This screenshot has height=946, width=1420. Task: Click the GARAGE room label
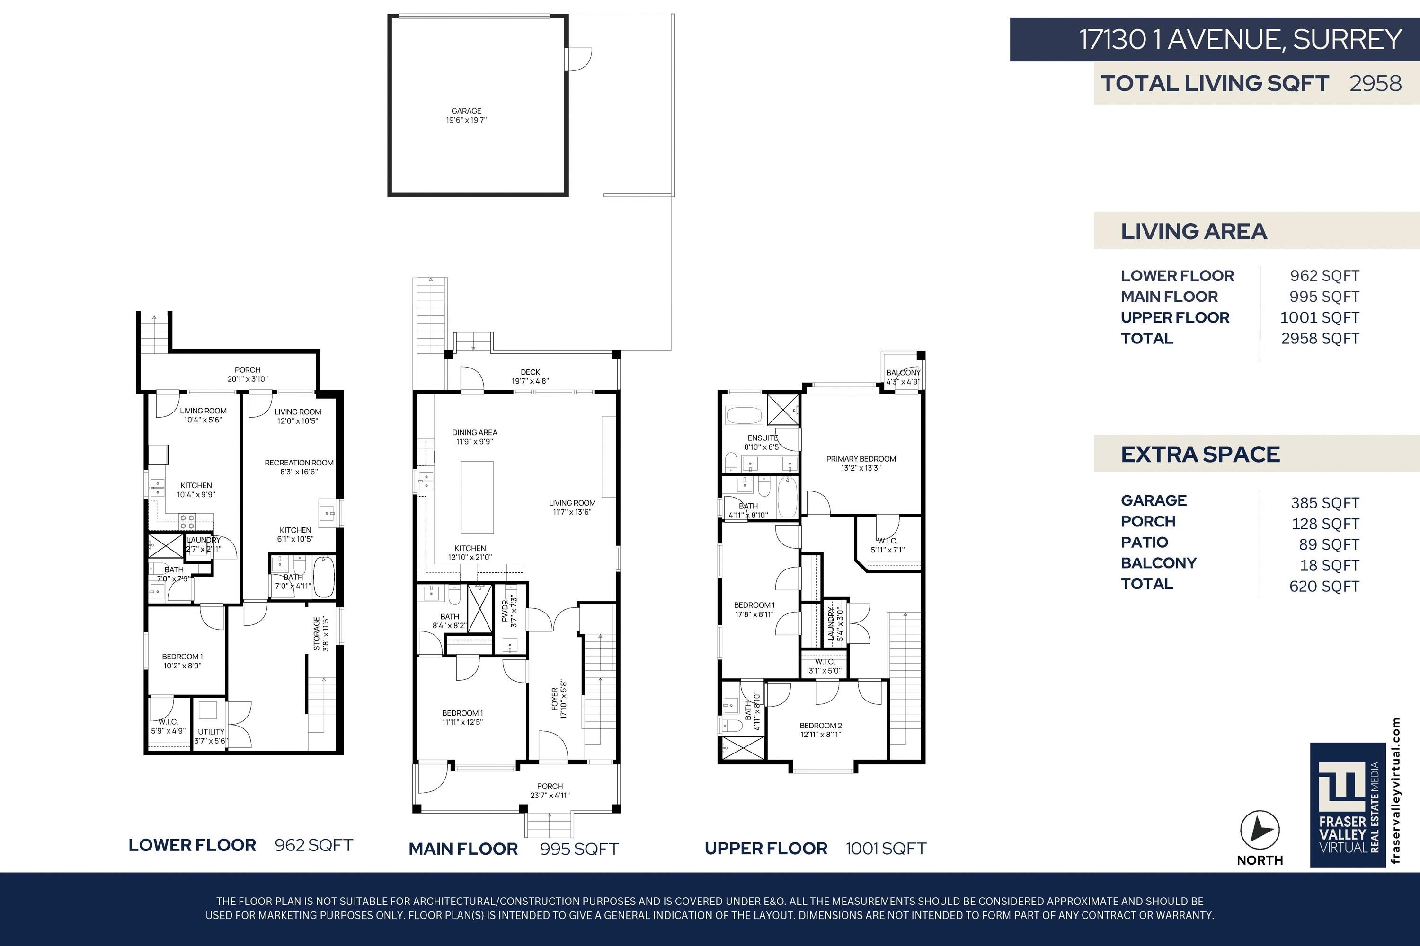pos(466,111)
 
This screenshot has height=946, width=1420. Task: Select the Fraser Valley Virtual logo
pos(1348,805)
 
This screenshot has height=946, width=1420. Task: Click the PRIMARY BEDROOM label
pos(861,459)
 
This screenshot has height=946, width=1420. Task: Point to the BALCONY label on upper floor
pos(903,373)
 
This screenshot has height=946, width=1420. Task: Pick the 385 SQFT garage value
pos(1325,503)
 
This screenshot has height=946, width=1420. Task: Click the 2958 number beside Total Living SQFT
pos(1376,83)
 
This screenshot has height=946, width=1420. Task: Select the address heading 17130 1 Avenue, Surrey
pos(1240,40)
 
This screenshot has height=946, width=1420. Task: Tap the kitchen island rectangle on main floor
pos(477,498)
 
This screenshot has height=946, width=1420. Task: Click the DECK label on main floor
pos(530,372)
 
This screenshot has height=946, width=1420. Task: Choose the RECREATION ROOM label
pos(299,463)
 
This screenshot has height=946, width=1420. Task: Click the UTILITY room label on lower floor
pos(211,732)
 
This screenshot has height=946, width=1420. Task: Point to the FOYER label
pos(554,699)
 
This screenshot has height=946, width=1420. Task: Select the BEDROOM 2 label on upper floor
pos(820,726)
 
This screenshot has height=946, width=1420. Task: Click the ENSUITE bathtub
pos(745,416)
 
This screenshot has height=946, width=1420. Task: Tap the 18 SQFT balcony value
pos(1330,566)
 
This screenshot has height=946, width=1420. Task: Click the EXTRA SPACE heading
pos(1200,454)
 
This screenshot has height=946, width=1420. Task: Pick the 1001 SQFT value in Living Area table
pos(1320,318)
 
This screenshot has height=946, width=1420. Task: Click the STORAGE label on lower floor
pos(316,633)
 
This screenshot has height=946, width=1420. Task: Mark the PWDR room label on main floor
pos(505,611)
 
